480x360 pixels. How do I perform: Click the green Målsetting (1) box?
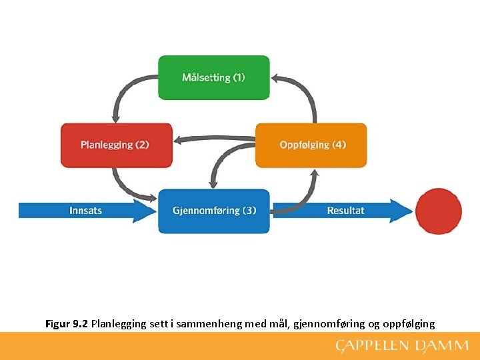pos(213,77)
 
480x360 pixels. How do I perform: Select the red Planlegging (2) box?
pos(116,145)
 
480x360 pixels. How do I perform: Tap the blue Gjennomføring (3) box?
pos(213,211)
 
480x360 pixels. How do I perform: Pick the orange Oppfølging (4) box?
pos(311,145)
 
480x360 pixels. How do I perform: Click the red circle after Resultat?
pos(438,211)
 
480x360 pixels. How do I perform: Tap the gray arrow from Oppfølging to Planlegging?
pos(213,139)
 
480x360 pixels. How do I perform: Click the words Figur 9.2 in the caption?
pos(67,324)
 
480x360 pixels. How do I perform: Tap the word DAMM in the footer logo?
pos(443,345)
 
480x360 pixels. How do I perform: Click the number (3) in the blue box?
pos(249,211)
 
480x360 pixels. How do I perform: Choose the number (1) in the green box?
pos(239,77)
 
